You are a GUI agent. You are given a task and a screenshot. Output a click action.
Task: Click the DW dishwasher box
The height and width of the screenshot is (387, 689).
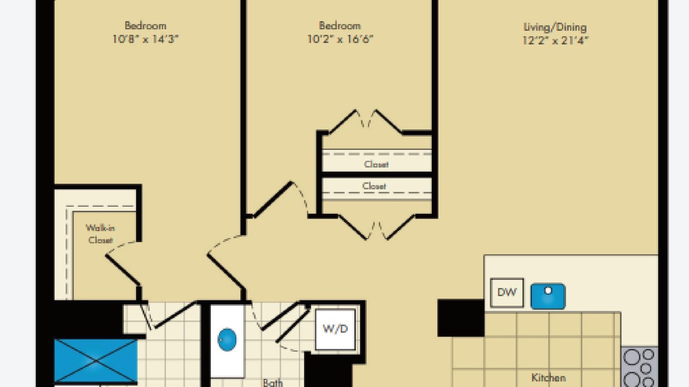(x=507, y=293)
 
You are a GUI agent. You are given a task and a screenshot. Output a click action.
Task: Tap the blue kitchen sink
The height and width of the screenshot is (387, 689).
(x=548, y=296)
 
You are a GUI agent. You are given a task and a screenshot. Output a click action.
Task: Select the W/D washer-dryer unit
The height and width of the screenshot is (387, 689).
(x=335, y=329)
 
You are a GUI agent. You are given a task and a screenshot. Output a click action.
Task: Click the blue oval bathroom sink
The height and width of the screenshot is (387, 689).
(x=227, y=340)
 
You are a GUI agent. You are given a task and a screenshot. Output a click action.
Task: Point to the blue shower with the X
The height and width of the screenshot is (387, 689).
(x=96, y=361)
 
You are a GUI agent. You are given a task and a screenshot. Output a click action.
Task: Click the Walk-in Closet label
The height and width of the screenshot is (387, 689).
(x=100, y=234)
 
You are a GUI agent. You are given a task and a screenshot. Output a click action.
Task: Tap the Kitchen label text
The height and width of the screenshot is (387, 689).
(x=549, y=377)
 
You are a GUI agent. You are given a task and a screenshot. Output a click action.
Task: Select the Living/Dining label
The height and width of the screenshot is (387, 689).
(x=555, y=27)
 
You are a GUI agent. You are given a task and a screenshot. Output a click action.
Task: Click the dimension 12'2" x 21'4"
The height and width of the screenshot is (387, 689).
(x=556, y=40)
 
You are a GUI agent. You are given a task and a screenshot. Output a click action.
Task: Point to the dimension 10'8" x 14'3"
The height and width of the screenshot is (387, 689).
(x=145, y=39)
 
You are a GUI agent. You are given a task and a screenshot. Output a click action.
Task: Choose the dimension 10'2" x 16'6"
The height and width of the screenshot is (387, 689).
(x=340, y=39)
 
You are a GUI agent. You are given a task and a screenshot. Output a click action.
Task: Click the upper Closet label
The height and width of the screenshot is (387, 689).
(x=376, y=164)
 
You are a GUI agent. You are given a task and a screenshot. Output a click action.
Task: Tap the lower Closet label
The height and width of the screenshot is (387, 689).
(x=374, y=186)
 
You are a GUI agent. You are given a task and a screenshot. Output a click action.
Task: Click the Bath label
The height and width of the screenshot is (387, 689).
(x=273, y=382)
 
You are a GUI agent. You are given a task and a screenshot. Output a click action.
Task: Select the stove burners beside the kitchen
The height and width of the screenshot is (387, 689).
(x=639, y=367)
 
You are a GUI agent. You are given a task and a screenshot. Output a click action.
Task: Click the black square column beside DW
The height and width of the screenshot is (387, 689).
(x=461, y=318)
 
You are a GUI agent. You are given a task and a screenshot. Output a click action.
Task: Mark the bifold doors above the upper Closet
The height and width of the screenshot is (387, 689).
(x=365, y=121)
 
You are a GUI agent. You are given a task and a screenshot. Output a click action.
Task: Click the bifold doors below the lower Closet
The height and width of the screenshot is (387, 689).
(x=377, y=227)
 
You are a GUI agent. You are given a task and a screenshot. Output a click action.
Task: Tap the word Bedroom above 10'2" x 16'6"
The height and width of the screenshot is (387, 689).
(x=340, y=25)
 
